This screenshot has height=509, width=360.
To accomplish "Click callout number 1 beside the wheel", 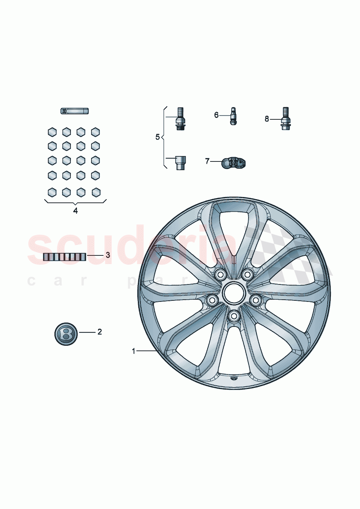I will [134, 351].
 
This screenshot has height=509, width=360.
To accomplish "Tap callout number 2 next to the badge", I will [99, 332].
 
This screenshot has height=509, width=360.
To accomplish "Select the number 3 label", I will [108, 255].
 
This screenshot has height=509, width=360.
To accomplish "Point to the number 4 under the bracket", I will [75, 211].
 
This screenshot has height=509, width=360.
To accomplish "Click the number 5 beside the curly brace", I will [157, 137].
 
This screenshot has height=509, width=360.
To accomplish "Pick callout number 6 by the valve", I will [216, 115].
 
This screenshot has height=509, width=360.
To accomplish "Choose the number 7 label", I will [207, 161].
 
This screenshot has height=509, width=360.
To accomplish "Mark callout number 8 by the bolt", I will [267, 119].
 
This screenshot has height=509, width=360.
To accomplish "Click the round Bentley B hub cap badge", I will [66, 333].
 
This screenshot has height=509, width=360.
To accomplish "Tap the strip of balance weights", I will [65, 257].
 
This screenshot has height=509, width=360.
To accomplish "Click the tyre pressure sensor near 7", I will [234, 164].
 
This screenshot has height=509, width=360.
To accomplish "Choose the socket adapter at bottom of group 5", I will [180, 163].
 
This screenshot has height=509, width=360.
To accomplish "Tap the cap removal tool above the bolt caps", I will [74, 111].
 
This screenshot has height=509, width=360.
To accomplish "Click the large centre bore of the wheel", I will [234, 293].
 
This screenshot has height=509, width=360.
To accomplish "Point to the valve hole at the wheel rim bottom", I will [233, 378].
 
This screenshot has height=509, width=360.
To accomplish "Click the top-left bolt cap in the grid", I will [52, 132].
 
